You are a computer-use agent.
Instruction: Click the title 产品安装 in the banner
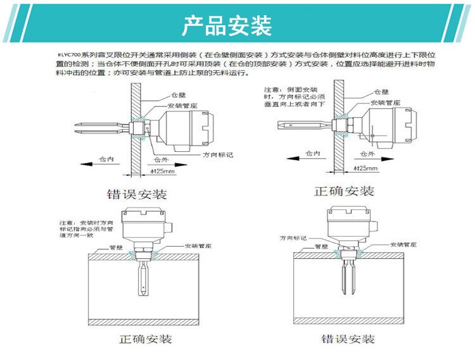click(227, 26)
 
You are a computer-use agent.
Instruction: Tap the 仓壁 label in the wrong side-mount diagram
click(177, 94)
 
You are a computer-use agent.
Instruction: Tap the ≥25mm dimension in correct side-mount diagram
click(365, 168)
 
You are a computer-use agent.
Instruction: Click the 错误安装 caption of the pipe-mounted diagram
click(348, 338)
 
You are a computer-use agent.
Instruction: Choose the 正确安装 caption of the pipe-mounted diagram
click(146, 339)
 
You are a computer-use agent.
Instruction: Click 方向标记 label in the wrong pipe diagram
click(294, 238)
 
